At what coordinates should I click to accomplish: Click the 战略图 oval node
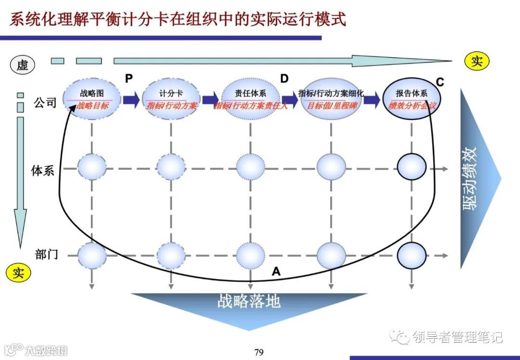(x=91, y=99)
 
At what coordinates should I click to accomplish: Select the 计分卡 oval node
(x=171, y=99)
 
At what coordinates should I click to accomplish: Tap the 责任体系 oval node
(x=250, y=99)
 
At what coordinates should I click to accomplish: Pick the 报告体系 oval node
(x=412, y=99)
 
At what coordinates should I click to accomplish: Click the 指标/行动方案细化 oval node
(x=331, y=99)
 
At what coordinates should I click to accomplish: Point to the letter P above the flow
(x=129, y=79)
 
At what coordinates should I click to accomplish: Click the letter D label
(x=285, y=79)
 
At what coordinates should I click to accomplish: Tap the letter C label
(x=440, y=82)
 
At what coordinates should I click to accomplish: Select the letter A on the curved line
(x=276, y=272)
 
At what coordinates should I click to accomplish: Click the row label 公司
(x=45, y=103)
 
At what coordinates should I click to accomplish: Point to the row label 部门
(x=46, y=254)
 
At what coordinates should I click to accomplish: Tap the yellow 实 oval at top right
(x=477, y=61)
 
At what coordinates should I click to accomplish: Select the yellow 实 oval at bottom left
(x=18, y=273)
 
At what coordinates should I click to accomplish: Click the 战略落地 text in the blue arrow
(x=248, y=302)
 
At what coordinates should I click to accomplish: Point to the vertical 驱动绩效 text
(x=470, y=178)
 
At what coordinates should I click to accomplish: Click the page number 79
(x=259, y=352)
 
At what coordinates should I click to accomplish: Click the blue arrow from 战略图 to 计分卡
(x=130, y=99)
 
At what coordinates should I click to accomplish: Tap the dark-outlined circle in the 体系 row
(x=412, y=167)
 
